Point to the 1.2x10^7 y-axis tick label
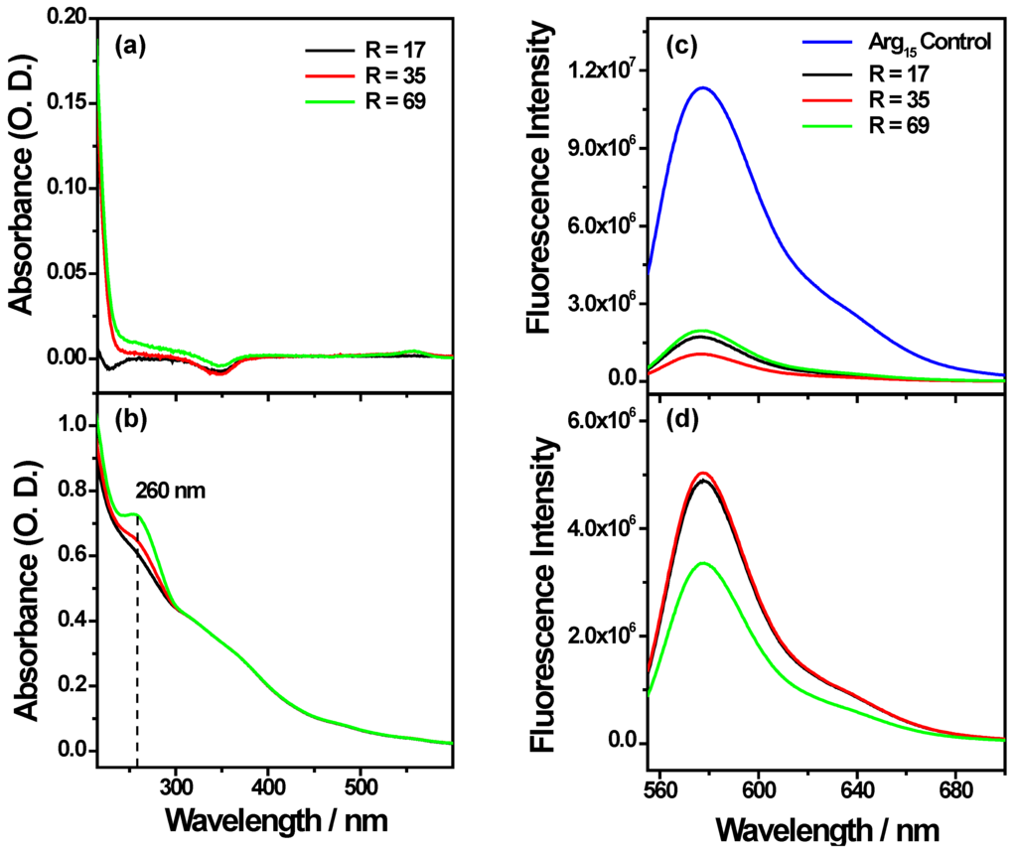coord(601,71)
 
